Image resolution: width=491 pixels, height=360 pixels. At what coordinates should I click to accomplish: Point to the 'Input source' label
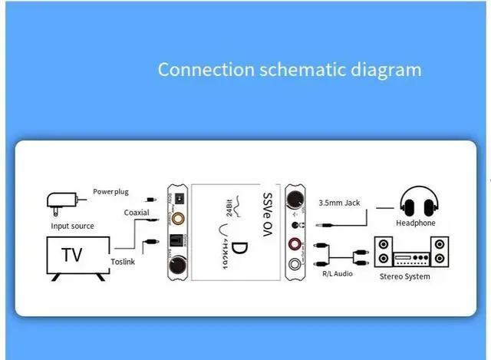[x=72, y=226]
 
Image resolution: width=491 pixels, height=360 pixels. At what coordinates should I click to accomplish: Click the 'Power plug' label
[x=111, y=190]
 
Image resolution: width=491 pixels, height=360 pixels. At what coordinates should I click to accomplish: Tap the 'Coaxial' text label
[x=137, y=213]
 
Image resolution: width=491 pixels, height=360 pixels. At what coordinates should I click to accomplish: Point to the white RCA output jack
[x=295, y=266]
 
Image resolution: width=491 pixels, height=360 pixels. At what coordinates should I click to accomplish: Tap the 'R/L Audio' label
[x=338, y=272]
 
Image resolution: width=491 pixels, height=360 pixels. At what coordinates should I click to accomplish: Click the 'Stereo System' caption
[x=405, y=276]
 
